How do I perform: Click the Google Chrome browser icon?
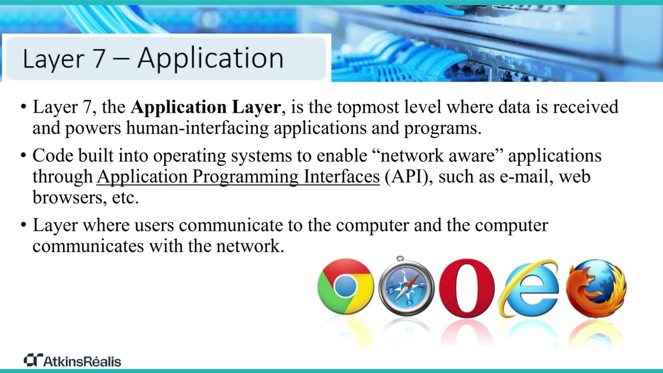[345, 286]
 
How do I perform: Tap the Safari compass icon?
[406, 286]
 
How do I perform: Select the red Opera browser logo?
[467, 288]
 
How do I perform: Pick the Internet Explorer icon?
[528, 288]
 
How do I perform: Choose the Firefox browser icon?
[596, 288]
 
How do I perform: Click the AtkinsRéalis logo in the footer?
[73, 361]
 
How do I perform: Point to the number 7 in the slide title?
[99, 58]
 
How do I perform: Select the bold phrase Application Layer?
[206, 107]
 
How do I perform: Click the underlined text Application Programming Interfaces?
[238, 177]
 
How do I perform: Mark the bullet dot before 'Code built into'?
[23, 156]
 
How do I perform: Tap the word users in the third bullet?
[154, 225]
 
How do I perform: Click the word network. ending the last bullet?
[250, 246]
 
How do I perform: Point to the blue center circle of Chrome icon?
[345, 286]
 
